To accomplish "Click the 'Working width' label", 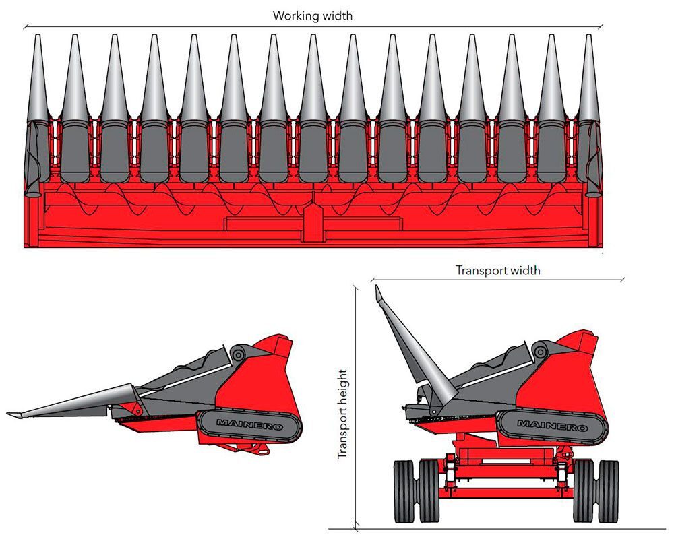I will pos(312,15).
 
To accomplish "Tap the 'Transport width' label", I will pos(497,270).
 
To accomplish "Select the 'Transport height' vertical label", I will pos(342,414).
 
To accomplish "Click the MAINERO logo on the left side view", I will pos(249,423).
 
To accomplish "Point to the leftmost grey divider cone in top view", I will pos(36,81).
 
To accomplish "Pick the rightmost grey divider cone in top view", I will pos(588,81).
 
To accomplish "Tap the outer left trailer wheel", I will pos(404,490).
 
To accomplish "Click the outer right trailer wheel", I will pos(609,490).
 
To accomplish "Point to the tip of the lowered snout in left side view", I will pos(10,413).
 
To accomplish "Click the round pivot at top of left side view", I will pos(237,352).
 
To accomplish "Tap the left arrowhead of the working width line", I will pos(25,26).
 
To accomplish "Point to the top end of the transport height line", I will pos(355,286).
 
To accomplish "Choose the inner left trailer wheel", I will pos(429,490).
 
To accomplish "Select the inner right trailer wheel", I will pos(583,490).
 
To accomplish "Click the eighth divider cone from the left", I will pos(313,81).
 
